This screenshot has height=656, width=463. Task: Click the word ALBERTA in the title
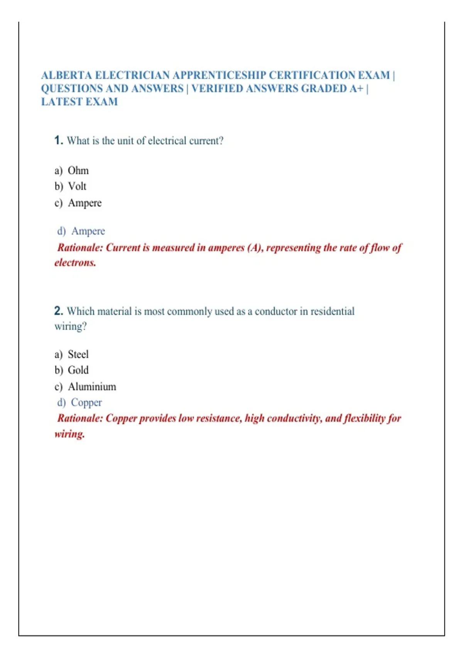(x=67, y=75)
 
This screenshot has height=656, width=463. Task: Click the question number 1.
(x=58, y=140)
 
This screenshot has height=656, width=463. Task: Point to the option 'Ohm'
(x=78, y=171)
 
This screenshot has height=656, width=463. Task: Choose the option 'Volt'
(x=77, y=186)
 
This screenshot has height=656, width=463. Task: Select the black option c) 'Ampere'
(x=85, y=203)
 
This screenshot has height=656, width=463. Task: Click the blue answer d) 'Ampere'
(x=88, y=231)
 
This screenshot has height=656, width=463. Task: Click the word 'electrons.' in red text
(x=75, y=263)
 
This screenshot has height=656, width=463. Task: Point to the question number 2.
(x=58, y=311)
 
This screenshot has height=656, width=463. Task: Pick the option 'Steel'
(x=78, y=354)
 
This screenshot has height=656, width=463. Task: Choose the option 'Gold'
(x=78, y=370)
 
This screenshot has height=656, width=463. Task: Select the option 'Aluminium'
(x=92, y=387)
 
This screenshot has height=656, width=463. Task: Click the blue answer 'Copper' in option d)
(x=86, y=402)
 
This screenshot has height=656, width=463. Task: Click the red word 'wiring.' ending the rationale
(x=69, y=434)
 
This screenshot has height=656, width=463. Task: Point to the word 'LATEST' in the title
(x=62, y=102)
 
